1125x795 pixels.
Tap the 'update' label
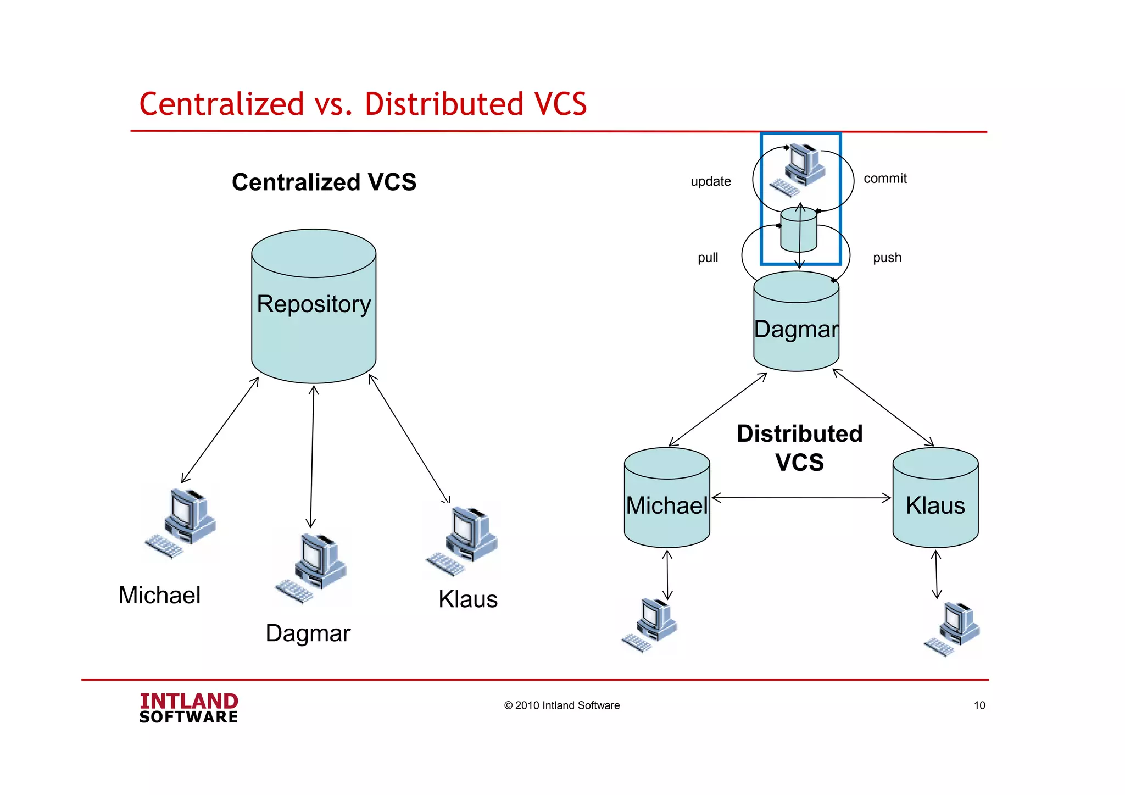(x=711, y=181)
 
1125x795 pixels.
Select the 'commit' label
(x=885, y=179)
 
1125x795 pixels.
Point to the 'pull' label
(x=708, y=258)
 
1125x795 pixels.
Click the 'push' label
(x=887, y=258)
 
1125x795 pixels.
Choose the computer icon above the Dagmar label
(x=312, y=568)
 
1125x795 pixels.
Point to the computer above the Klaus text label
(x=463, y=541)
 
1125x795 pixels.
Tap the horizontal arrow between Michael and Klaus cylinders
(x=801, y=498)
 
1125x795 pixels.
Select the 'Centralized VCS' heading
(x=324, y=182)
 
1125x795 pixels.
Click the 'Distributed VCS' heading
(x=800, y=448)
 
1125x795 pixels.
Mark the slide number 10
(x=979, y=705)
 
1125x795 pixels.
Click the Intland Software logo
(x=188, y=708)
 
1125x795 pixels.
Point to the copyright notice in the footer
(x=562, y=705)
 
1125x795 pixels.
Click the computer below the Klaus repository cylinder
(x=953, y=629)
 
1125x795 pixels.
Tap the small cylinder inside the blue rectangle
(x=799, y=229)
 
